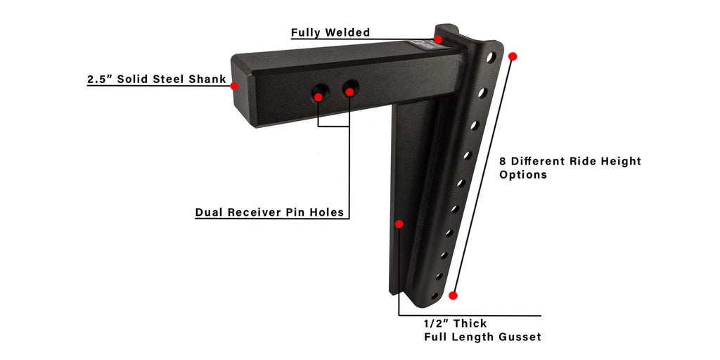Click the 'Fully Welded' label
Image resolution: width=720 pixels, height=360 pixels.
pyautogui.click(x=330, y=32)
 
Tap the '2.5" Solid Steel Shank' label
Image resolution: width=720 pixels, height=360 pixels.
pyautogui.click(x=157, y=79)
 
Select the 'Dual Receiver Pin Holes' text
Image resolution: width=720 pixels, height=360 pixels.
pyautogui.click(x=269, y=212)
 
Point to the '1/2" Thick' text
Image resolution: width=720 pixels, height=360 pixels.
pyautogui.click(x=455, y=323)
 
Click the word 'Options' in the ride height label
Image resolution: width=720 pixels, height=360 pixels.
pyautogui.click(x=523, y=175)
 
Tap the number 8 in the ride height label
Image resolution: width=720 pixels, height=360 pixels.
pyautogui.click(x=503, y=161)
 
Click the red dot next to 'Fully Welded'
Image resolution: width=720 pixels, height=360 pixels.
pyautogui.click(x=438, y=39)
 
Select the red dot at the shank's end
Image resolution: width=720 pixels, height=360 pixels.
pyautogui.click(x=234, y=86)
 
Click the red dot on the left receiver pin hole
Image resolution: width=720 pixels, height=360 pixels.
pyautogui.click(x=318, y=97)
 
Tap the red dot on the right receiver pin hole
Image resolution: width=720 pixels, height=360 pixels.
pyautogui.click(x=349, y=92)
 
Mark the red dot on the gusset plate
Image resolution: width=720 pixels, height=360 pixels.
pyautogui.click(x=399, y=224)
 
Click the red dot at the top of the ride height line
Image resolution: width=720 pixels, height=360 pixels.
pyautogui.click(x=513, y=56)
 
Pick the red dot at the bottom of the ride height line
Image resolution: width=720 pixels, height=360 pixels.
pyautogui.click(x=454, y=295)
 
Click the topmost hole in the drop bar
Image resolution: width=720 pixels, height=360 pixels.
pyautogui.click(x=491, y=58)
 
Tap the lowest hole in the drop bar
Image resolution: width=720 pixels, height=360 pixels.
pyautogui.click(x=435, y=296)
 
